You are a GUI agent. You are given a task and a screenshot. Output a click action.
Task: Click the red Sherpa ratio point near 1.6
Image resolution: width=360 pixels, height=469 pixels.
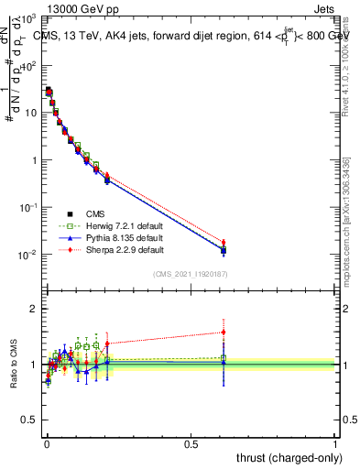223,333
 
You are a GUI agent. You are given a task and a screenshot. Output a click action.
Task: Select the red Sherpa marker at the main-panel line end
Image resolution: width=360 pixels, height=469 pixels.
223,243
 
